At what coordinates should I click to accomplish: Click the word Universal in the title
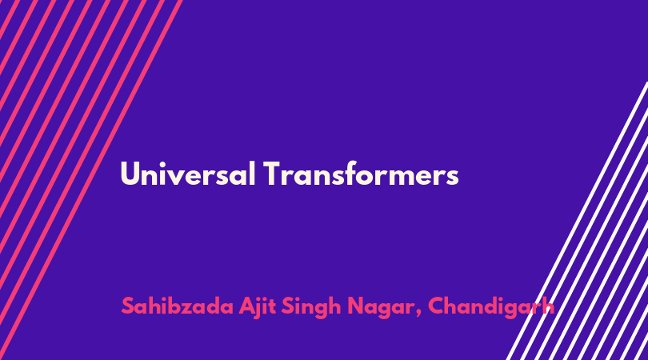tap(188, 174)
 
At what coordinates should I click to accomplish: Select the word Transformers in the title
tap(361, 174)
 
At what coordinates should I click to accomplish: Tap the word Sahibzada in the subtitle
tap(178, 306)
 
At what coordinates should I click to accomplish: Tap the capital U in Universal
tap(130, 174)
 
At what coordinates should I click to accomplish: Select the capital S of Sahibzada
tap(128, 306)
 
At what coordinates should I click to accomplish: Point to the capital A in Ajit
tap(247, 306)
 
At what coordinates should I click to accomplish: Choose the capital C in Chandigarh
tap(437, 306)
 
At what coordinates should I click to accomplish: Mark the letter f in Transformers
tap(358, 173)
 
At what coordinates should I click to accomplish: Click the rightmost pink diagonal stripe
tap(90, 180)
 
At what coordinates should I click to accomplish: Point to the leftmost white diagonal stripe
tap(578, 221)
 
